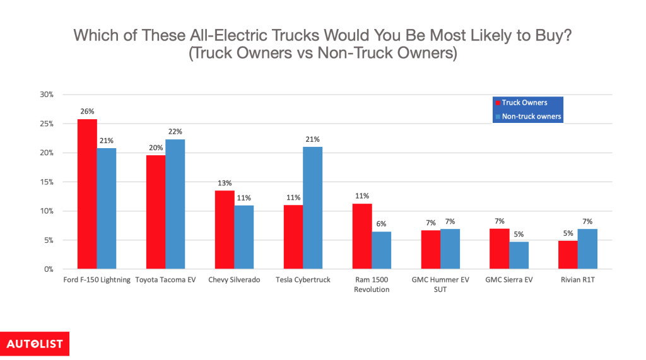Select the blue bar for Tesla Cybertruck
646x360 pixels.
point(312,208)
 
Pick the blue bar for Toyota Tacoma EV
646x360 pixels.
point(175,204)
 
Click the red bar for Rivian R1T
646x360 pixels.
point(568,255)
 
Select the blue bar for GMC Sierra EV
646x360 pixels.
point(519,255)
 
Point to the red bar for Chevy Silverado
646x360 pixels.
point(225,229)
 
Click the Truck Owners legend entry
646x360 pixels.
point(524,103)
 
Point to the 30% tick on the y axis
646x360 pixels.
point(46,95)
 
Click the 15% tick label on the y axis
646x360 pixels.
point(46,182)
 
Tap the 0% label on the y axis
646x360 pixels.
point(49,269)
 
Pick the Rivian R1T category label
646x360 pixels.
point(577,280)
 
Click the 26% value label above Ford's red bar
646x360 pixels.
point(87,111)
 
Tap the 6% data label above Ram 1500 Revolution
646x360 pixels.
point(382,223)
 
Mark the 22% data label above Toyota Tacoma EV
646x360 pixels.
point(175,131)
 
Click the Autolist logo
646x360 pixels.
point(35,344)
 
